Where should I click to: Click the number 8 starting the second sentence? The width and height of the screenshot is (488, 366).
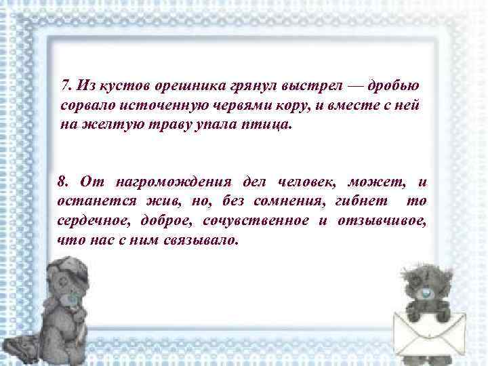tap(62, 182)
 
